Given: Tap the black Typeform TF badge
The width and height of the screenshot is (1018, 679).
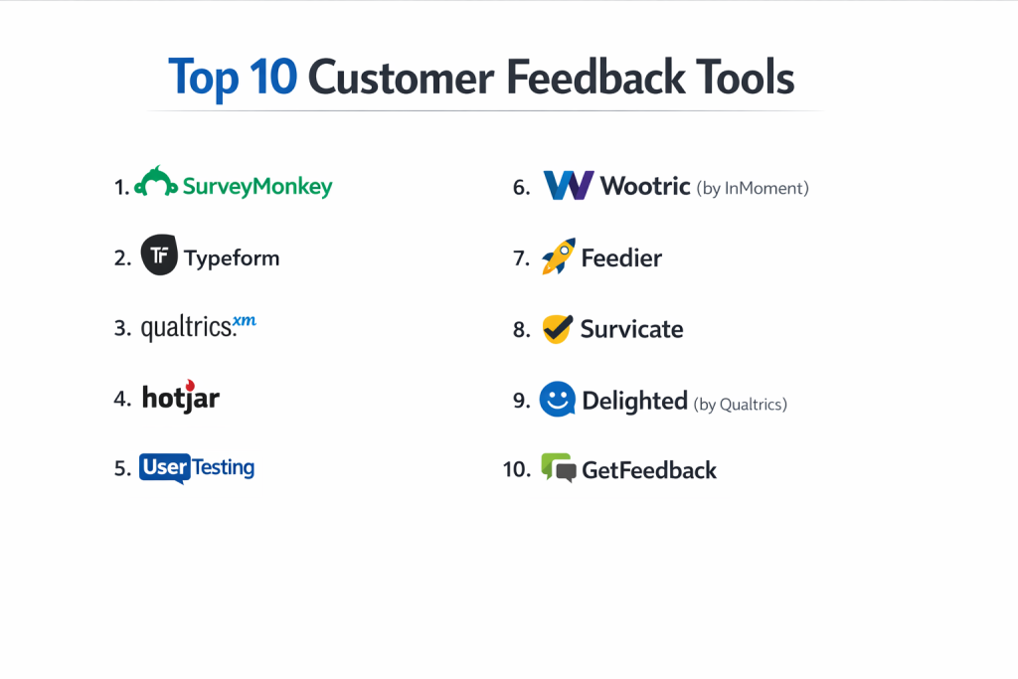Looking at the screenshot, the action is (x=159, y=255).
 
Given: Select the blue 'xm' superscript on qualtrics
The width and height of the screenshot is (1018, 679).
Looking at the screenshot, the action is (x=245, y=321).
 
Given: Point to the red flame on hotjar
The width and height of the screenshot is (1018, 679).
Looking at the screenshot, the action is (x=190, y=385).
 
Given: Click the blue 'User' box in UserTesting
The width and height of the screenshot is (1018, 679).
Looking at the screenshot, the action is (x=165, y=467).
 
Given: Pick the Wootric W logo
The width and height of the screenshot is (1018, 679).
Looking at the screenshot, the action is (x=568, y=185).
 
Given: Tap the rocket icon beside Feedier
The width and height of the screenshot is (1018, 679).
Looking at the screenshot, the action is (x=559, y=256).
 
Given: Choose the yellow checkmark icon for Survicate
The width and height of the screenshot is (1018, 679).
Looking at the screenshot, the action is (x=557, y=329).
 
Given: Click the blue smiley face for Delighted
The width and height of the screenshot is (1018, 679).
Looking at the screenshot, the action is (x=557, y=399).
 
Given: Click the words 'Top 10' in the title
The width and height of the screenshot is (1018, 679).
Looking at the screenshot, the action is (x=233, y=78).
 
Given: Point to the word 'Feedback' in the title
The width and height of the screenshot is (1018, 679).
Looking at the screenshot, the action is (x=595, y=78).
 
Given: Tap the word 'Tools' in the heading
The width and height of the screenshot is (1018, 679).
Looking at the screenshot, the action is (x=745, y=78).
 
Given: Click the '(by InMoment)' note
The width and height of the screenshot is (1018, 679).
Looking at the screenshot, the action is (x=753, y=188).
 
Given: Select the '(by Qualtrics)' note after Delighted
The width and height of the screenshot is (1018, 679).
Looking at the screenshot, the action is (x=740, y=405).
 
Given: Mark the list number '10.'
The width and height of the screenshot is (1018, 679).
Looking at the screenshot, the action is (x=517, y=468).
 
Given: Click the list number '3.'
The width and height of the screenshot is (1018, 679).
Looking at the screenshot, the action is (x=122, y=328).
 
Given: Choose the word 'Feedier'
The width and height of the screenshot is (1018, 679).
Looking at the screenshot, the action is (x=621, y=258).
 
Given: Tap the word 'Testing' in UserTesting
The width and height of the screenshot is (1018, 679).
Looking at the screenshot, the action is (x=224, y=468).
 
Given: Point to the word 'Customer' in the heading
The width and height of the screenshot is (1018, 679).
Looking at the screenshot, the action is (x=401, y=78).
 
